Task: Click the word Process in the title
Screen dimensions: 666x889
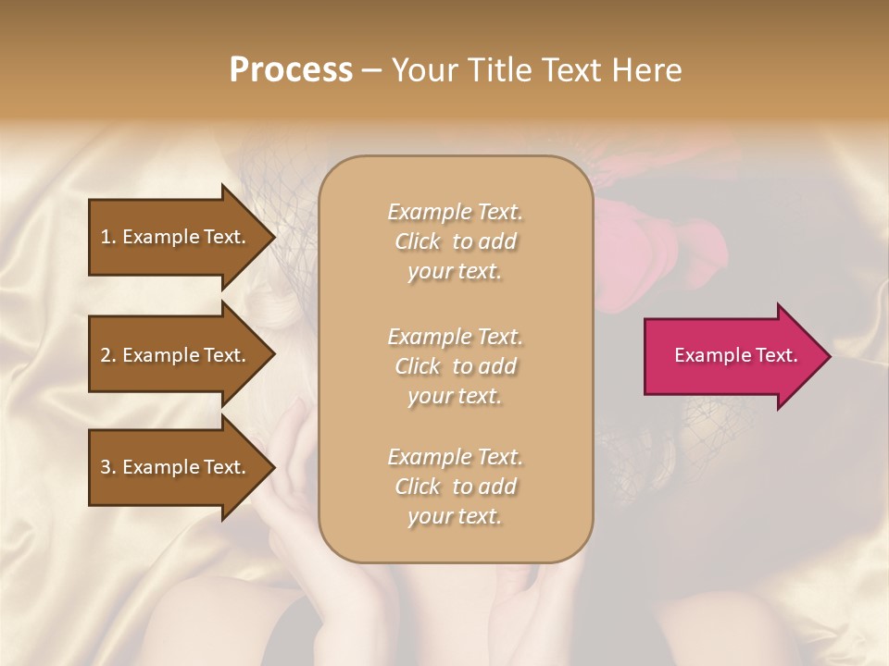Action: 291,70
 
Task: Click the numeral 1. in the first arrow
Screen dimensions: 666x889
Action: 108,237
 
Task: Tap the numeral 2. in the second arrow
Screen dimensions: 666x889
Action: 108,355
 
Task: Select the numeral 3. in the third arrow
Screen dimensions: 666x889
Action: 108,467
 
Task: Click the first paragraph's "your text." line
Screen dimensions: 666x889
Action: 455,272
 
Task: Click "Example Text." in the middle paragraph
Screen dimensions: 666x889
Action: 455,336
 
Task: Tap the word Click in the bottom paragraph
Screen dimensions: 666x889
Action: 418,487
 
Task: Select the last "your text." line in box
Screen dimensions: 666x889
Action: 455,517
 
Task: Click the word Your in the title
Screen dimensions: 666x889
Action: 422,70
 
